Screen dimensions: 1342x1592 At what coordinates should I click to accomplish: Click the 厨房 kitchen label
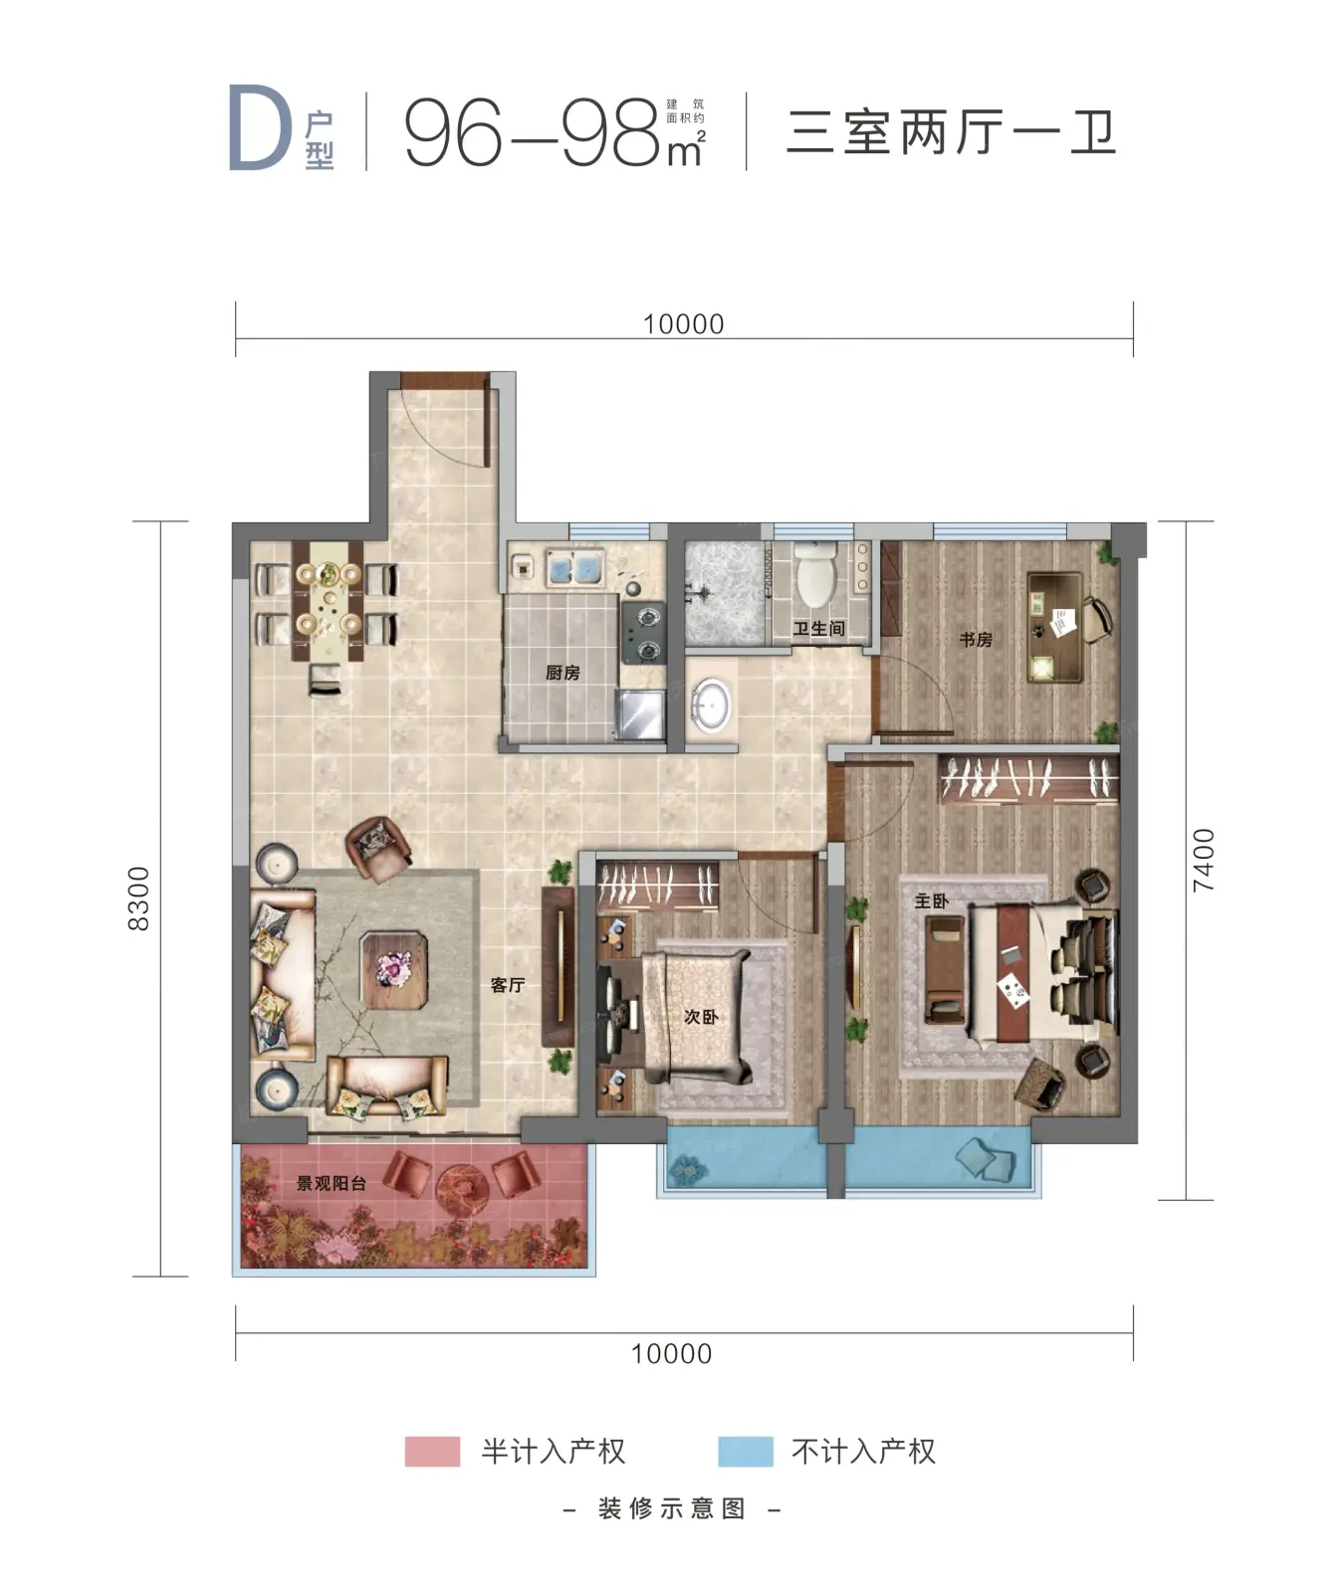point(562,673)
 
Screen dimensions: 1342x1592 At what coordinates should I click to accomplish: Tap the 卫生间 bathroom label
point(818,629)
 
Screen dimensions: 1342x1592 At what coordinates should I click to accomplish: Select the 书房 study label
point(976,640)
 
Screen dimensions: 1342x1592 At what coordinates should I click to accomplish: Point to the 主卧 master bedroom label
point(931,900)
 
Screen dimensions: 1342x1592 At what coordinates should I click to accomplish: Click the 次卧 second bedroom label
point(700,1017)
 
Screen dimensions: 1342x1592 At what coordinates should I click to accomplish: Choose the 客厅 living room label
point(507,985)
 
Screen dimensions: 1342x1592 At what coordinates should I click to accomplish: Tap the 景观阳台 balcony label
point(332,1183)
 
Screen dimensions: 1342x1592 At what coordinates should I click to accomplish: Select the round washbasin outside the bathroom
point(711,704)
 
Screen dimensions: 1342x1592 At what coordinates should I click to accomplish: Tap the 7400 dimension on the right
point(1204,860)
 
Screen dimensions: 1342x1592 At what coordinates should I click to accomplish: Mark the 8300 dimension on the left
point(139,898)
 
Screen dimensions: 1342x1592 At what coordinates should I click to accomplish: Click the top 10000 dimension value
point(683,324)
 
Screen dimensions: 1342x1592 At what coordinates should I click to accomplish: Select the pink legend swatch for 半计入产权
point(432,1451)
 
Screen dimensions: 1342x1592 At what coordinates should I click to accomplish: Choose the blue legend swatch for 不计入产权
point(746,1451)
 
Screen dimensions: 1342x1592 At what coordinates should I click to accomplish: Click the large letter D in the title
point(260,128)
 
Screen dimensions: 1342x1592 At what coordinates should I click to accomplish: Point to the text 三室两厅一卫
point(951,132)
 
